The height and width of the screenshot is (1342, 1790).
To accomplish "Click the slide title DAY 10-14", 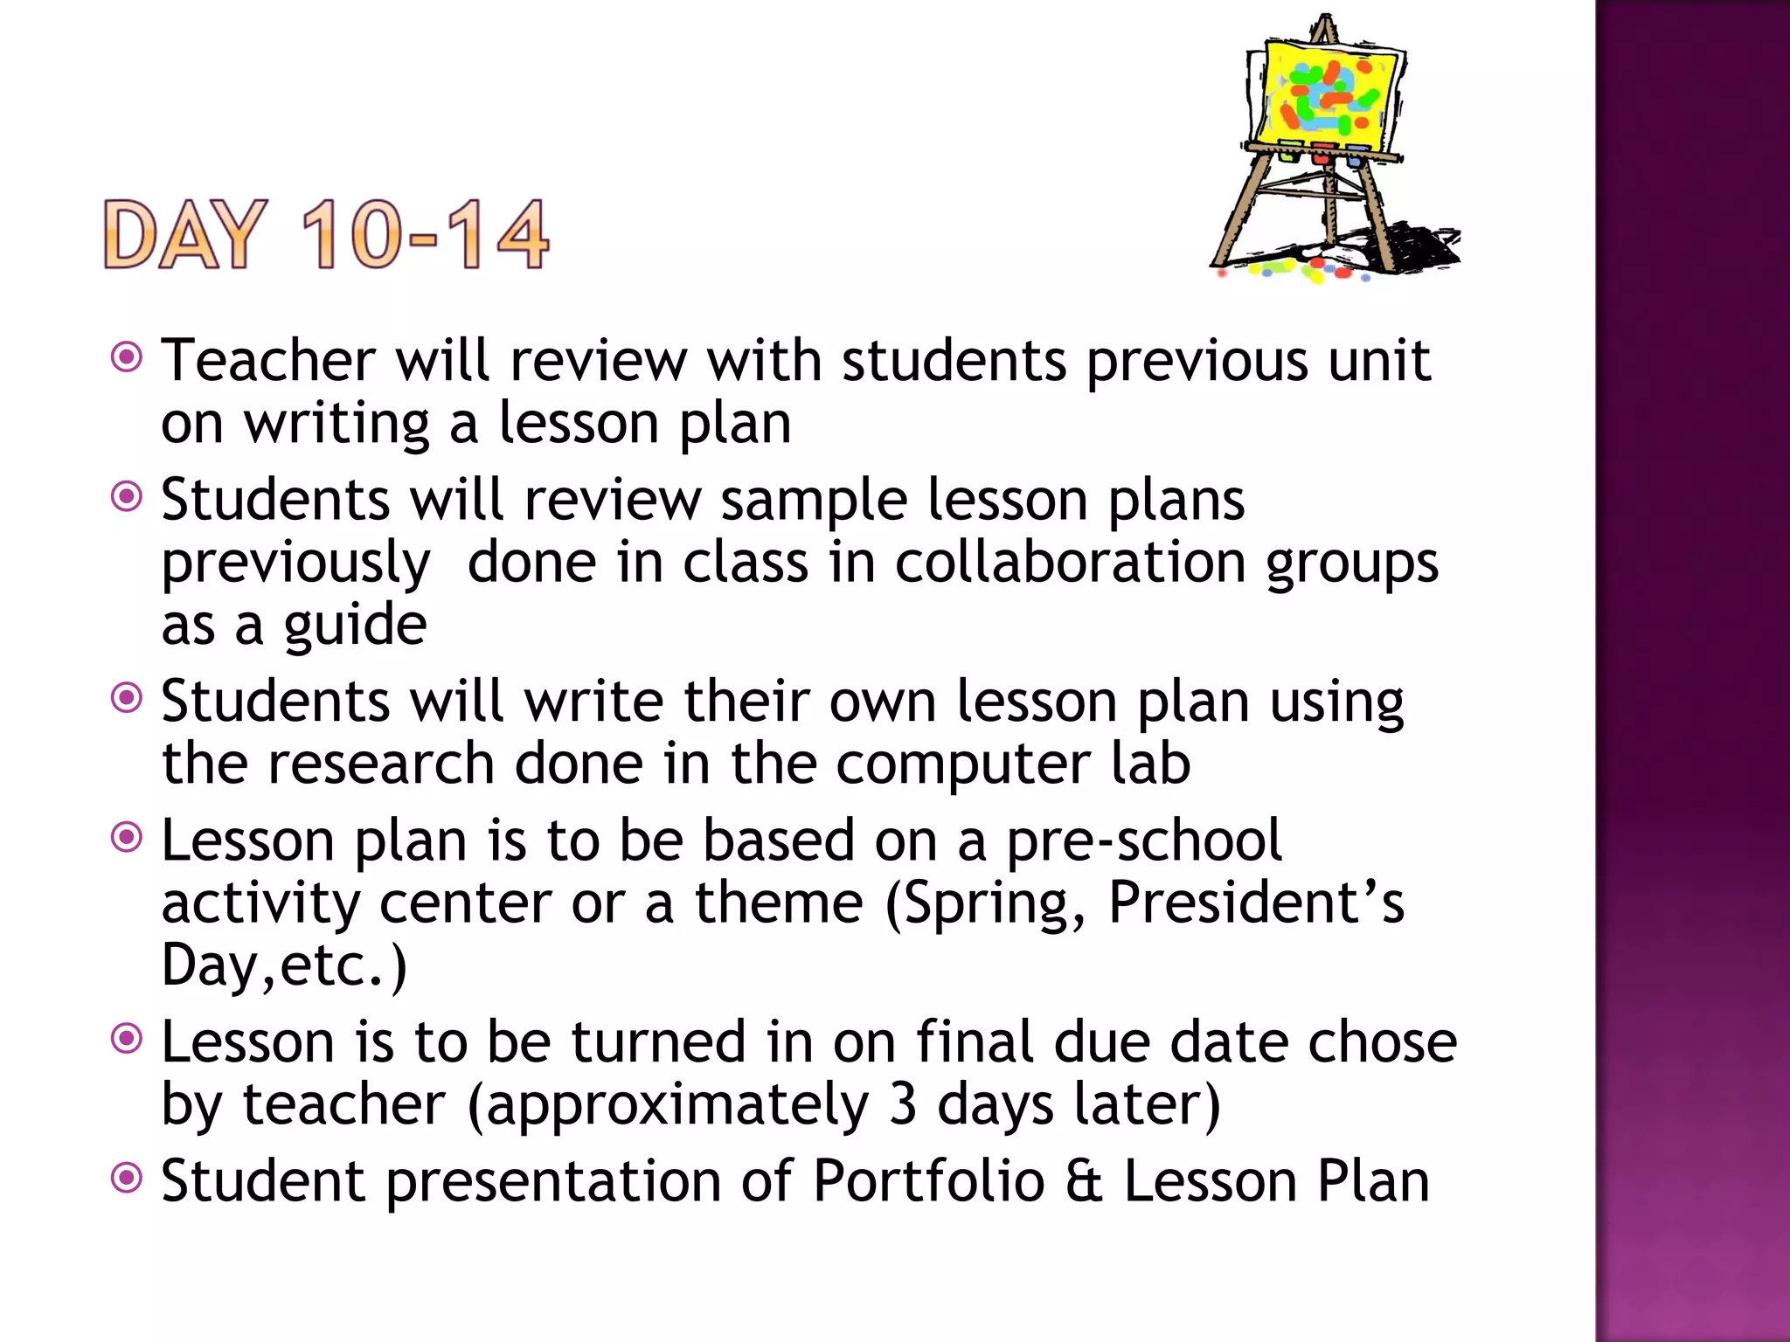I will [325, 234].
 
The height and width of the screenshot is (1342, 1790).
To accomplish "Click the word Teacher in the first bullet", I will [268, 360].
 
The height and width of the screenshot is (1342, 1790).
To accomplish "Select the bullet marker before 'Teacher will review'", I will [128, 357].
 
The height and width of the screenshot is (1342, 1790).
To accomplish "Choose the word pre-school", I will [1144, 840].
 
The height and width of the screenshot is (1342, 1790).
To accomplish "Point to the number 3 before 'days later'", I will [903, 1104].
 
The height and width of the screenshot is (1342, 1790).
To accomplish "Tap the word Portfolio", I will [928, 1181].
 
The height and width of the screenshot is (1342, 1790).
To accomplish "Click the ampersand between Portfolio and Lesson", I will [1084, 1181].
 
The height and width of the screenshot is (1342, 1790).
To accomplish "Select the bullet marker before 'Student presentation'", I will [128, 1179].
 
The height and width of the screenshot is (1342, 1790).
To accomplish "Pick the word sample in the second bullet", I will [814, 501].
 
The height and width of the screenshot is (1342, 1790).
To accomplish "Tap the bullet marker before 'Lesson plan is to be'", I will [128, 838].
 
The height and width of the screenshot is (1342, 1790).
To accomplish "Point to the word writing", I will [336, 425].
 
